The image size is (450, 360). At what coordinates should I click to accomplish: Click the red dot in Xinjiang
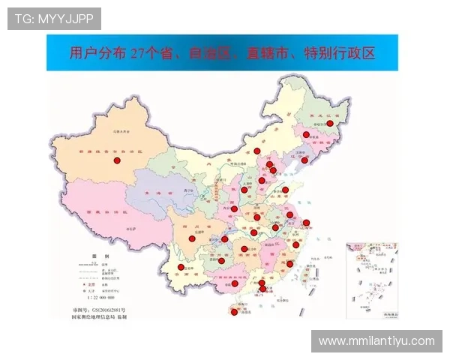click(x=116, y=160)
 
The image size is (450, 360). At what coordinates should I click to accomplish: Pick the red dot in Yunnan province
click(x=180, y=267)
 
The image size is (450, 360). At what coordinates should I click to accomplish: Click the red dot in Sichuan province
click(x=191, y=238)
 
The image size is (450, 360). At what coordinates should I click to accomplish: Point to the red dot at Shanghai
click(x=306, y=222)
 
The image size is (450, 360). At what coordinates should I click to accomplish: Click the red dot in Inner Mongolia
click(x=257, y=151)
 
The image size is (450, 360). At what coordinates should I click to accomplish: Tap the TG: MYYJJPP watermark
click(x=54, y=18)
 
